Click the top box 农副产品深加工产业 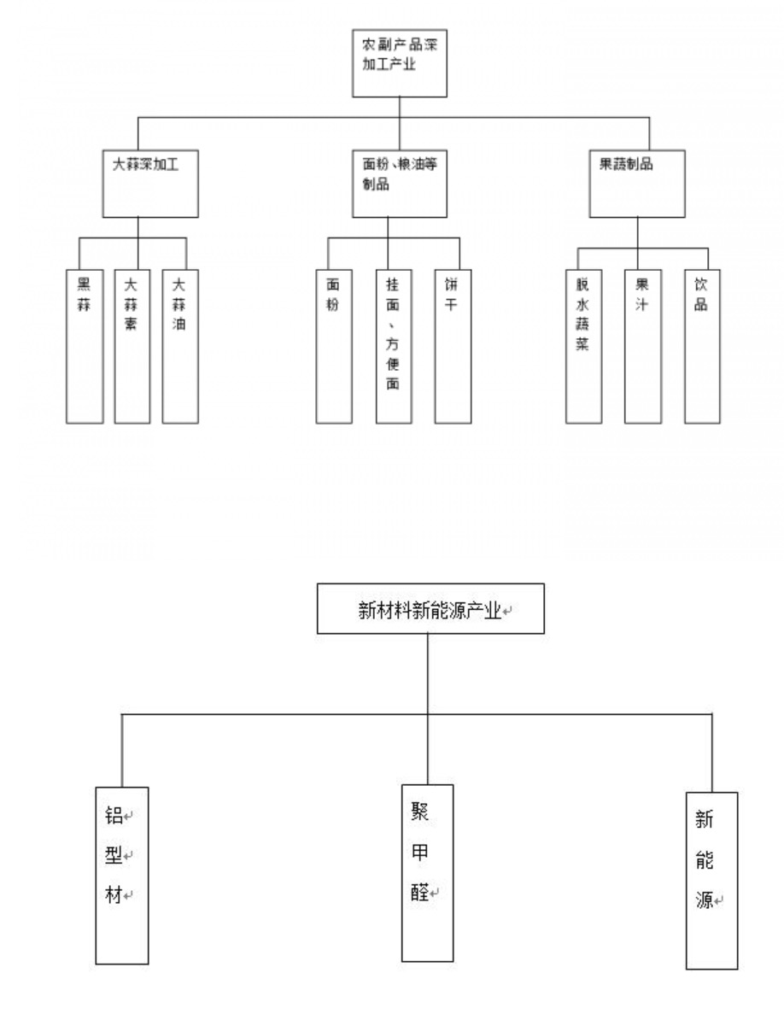tap(400, 62)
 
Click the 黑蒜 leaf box tap(85, 345)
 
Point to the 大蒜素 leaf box tap(132, 345)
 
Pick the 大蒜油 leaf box tap(179, 345)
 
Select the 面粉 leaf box tap(334, 345)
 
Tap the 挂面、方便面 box tap(394, 345)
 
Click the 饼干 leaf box tap(453, 345)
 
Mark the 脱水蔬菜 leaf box tap(583, 345)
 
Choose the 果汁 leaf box tap(643, 345)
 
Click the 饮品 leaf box tap(702, 345)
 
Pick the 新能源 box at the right tap(711, 880)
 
